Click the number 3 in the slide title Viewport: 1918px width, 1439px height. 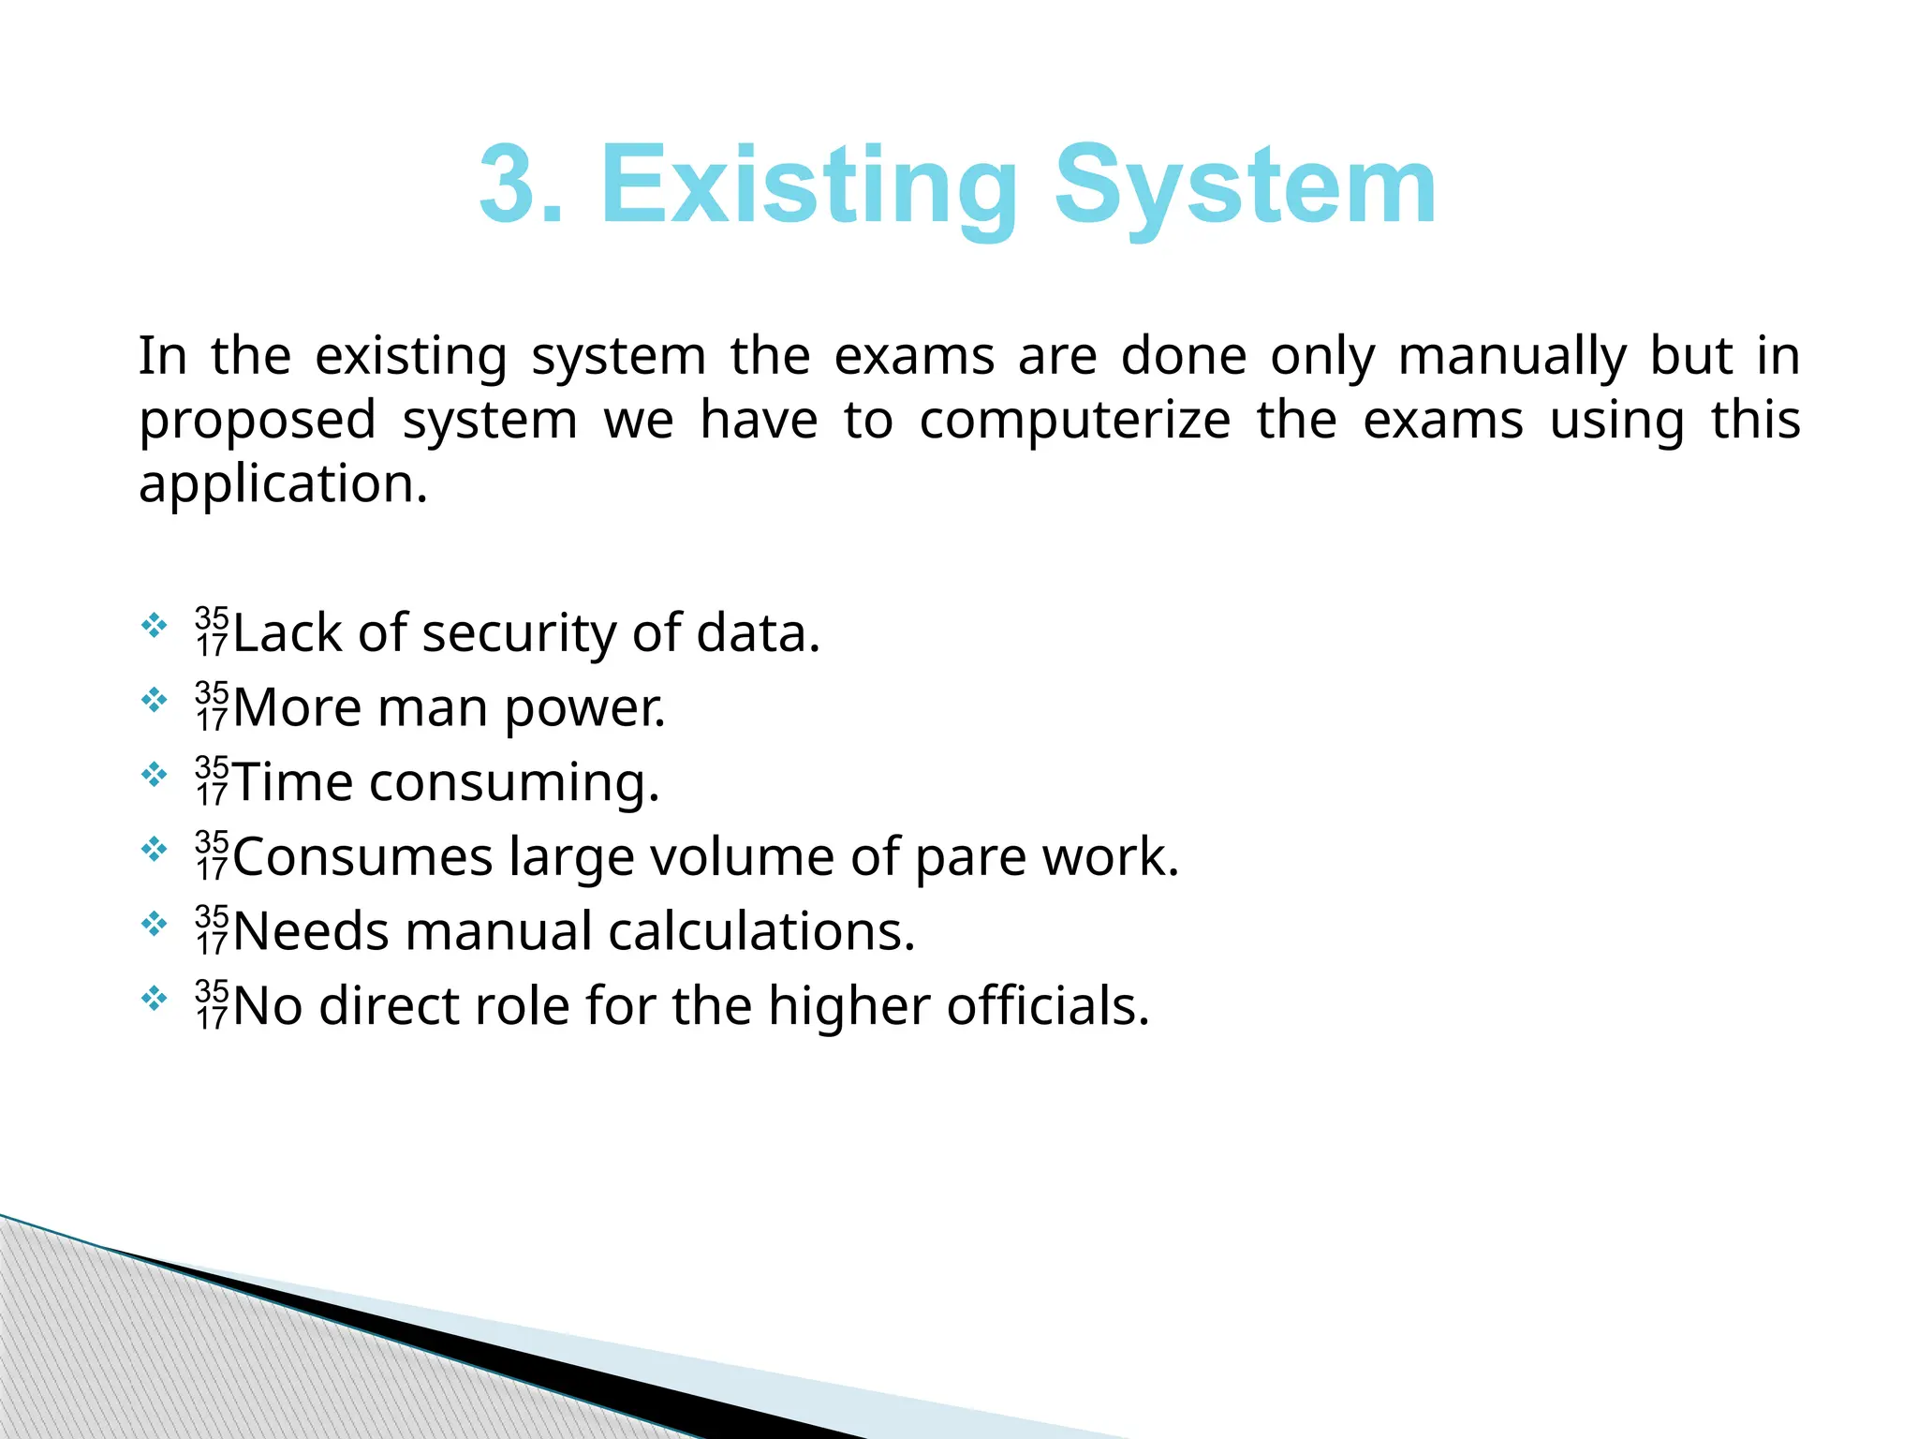tap(510, 185)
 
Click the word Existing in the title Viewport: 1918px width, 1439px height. tap(808, 187)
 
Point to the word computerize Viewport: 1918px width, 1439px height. tap(1075, 421)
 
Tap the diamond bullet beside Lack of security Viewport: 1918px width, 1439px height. tap(154, 625)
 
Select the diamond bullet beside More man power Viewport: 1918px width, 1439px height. tap(154, 700)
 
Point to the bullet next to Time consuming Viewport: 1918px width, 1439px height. tap(154, 775)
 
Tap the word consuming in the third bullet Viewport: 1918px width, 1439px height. tap(514, 784)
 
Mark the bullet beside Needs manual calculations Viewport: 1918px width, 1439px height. tap(154, 925)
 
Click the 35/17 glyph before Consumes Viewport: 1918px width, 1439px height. tap(213, 855)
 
